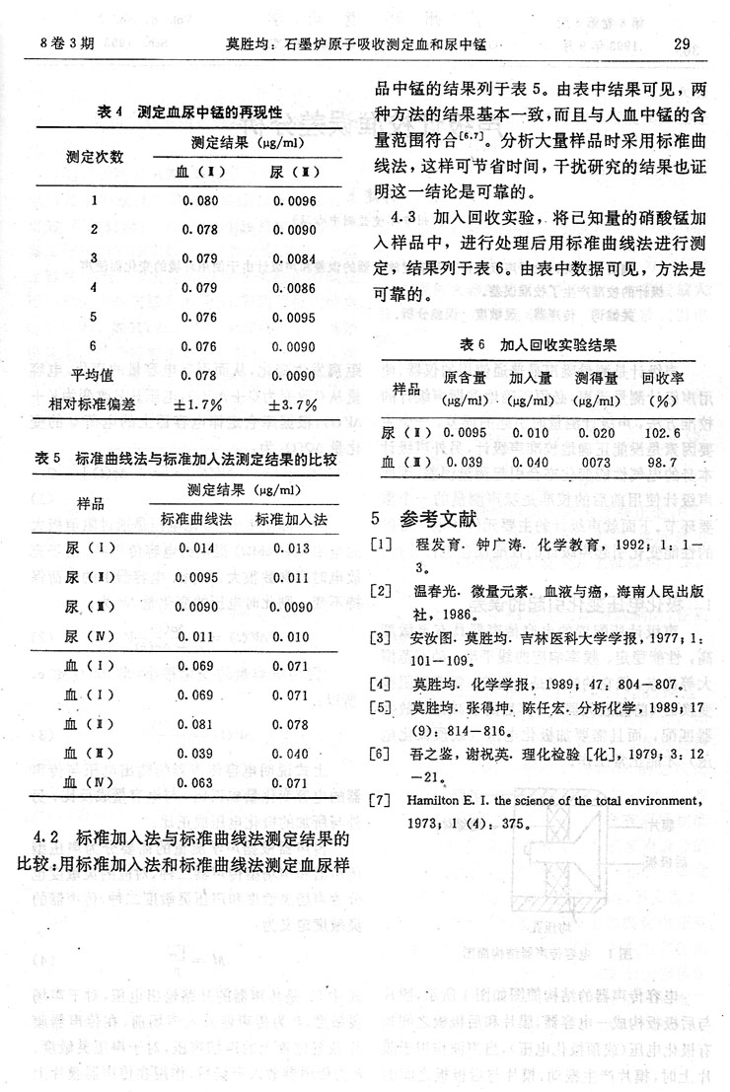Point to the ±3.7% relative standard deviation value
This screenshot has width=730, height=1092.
pyautogui.click(x=293, y=404)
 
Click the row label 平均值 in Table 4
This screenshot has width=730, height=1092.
pyautogui.click(x=95, y=376)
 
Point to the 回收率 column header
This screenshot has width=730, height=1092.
pyautogui.click(x=663, y=378)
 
